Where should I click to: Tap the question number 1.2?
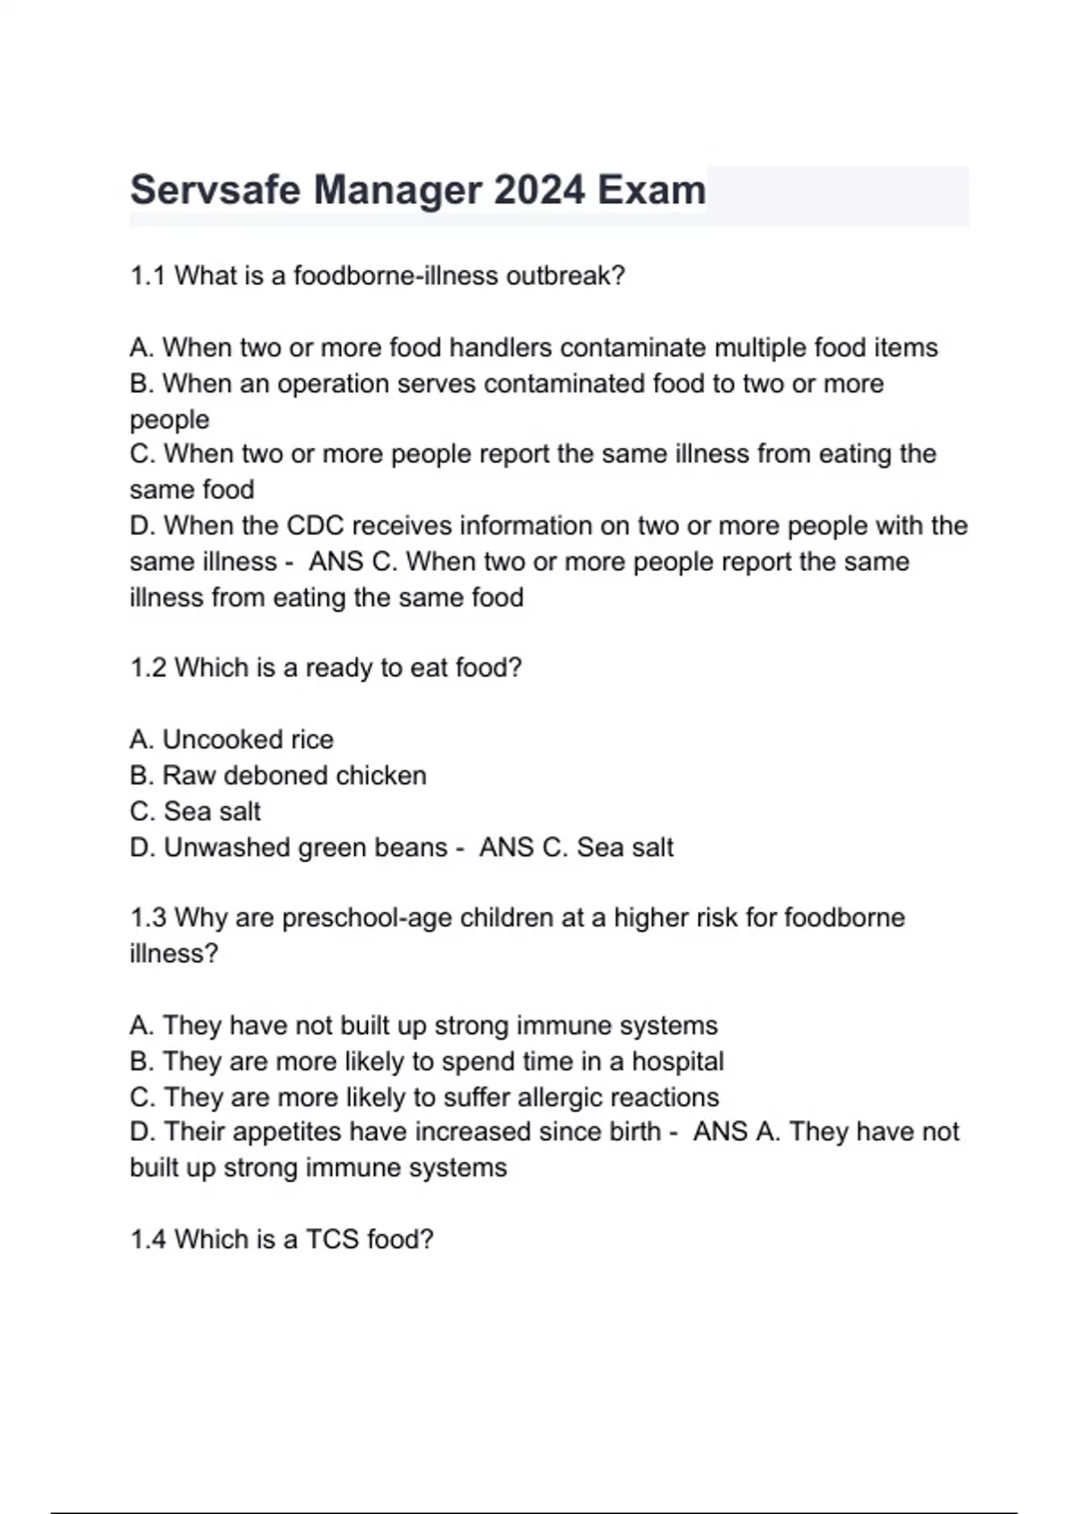[x=148, y=668]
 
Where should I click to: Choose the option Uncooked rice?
[x=247, y=739]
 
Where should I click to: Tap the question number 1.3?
[x=148, y=917]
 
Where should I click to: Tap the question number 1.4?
[x=148, y=1239]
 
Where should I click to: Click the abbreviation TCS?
[x=332, y=1239]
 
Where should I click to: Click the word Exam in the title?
[x=651, y=191]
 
